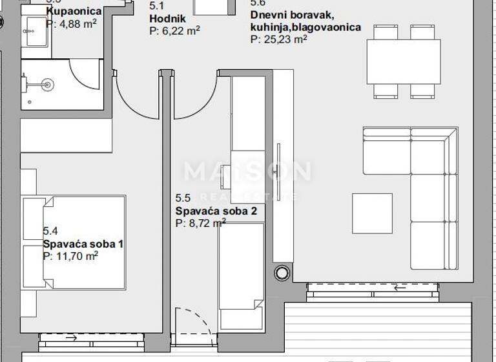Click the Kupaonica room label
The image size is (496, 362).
point(74,11)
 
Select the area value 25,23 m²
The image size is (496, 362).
point(278,39)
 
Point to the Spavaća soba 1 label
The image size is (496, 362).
point(83,244)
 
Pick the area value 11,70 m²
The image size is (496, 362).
point(70,256)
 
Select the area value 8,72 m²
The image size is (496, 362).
point(201,222)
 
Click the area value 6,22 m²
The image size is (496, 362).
point(174,30)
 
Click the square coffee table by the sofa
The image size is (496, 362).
point(372,213)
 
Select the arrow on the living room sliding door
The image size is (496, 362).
point(400,288)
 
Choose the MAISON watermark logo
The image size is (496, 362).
point(247,172)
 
